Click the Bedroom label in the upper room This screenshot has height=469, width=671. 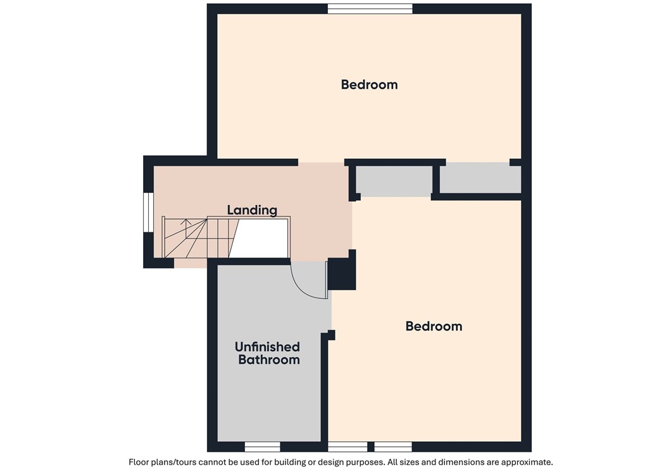tap(369, 84)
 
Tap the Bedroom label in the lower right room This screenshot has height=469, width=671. tap(434, 326)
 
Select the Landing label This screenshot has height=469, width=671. tap(252, 209)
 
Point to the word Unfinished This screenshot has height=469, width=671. tap(267, 347)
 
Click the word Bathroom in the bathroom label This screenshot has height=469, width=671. tap(268, 360)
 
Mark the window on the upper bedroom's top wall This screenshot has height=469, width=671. tap(370, 8)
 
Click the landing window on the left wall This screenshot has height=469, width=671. tap(147, 212)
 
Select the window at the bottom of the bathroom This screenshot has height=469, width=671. tap(262, 446)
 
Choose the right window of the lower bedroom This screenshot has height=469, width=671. tap(393, 446)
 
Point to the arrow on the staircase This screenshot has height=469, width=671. tap(186, 223)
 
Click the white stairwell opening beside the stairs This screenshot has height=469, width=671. tap(261, 238)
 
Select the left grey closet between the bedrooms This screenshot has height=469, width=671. tap(393, 180)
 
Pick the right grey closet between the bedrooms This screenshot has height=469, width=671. tap(480, 178)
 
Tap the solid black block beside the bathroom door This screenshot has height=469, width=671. tap(342, 273)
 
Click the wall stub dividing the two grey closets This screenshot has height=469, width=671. tap(436, 180)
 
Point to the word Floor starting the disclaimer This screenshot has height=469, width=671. tap(141, 462)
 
